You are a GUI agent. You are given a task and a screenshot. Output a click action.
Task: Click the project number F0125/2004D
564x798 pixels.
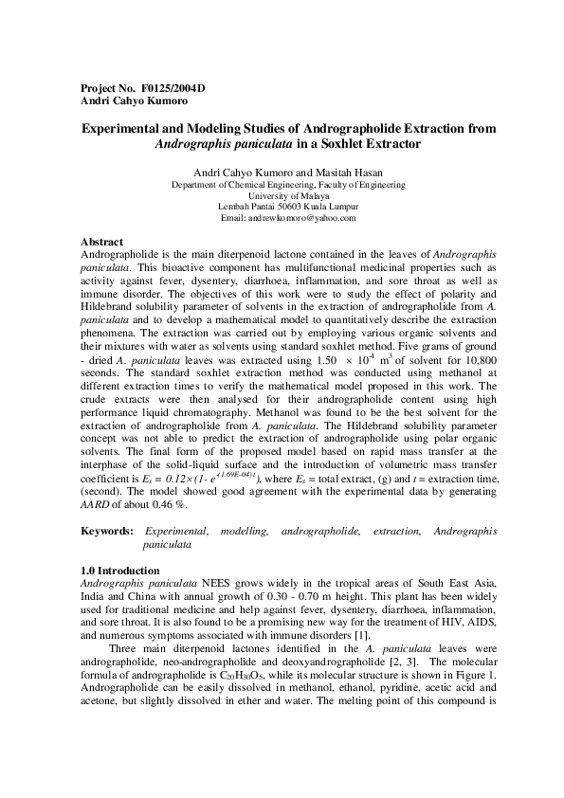point(173,88)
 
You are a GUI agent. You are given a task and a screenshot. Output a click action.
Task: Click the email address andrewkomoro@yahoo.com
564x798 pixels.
point(301,218)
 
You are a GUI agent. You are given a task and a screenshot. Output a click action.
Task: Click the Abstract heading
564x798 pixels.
point(103,243)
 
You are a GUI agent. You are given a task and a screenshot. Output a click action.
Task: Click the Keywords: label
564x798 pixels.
point(106,535)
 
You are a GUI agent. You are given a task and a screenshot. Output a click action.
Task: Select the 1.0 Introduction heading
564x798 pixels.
point(120,570)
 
